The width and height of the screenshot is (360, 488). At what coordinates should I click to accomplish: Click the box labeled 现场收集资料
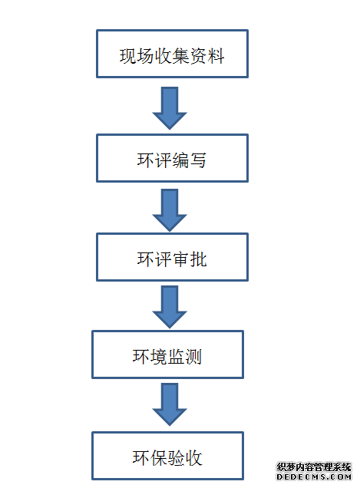(x=172, y=54)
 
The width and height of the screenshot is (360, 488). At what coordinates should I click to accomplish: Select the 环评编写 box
(x=172, y=158)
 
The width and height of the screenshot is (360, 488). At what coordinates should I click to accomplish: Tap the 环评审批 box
(x=172, y=257)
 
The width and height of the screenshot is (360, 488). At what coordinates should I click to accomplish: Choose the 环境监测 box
(x=167, y=354)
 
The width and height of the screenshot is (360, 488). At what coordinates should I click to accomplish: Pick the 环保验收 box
(x=167, y=456)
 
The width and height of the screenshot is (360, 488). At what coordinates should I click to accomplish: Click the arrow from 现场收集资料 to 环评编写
(x=170, y=108)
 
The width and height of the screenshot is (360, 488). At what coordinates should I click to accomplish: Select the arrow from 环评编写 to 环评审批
(x=170, y=210)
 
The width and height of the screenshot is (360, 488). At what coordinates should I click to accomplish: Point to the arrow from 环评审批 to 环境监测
(x=170, y=307)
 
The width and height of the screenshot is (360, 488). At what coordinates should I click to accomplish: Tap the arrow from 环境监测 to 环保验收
(x=170, y=404)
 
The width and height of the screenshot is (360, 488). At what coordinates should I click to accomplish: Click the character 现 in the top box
(x=128, y=56)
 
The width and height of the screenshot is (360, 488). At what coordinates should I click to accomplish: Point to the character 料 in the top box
(x=216, y=56)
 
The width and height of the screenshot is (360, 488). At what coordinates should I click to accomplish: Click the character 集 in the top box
(x=181, y=56)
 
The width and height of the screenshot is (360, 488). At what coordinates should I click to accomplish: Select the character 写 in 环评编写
(x=198, y=160)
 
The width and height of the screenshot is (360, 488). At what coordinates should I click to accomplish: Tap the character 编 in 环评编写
(x=180, y=160)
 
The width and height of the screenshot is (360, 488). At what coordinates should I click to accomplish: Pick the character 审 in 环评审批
(x=180, y=259)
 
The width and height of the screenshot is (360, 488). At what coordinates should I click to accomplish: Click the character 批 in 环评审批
(x=198, y=259)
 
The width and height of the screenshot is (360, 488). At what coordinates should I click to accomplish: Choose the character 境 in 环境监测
(x=159, y=357)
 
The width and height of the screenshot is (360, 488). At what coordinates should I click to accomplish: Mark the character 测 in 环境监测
(x=193, y=357)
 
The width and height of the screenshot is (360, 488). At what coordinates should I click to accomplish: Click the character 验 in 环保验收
(x=177, y=458)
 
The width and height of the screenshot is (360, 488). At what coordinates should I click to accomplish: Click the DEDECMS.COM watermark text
(x=314, y=476)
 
